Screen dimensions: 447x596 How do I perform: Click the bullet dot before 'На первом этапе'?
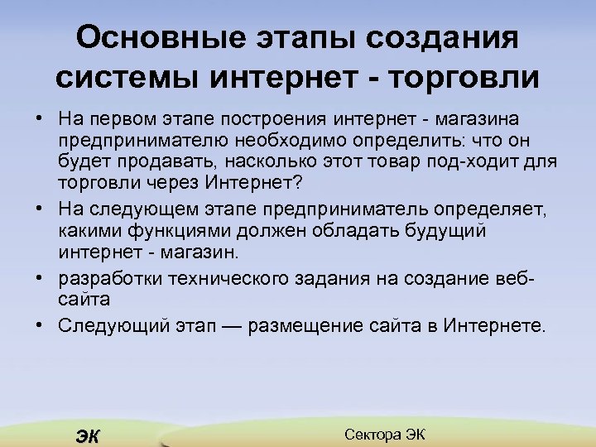[40, 123]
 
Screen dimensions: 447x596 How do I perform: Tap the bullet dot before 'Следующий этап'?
[40, 324]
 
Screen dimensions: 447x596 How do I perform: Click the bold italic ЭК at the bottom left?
[86, 437]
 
